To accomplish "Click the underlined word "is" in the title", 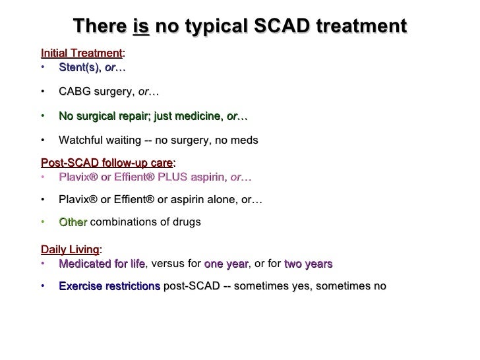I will (140, 26).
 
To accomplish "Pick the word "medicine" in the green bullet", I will (199, 116).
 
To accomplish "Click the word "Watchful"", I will (79, 140).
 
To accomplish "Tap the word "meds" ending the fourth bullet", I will (245, 140).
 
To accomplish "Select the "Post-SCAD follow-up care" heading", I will (107, 163).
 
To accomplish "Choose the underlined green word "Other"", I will (73, 222).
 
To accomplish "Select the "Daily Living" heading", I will (69, 250).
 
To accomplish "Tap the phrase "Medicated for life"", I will (101, 264).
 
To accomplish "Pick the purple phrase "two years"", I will (308, 264).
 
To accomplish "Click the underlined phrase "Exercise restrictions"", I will (109, 286).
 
